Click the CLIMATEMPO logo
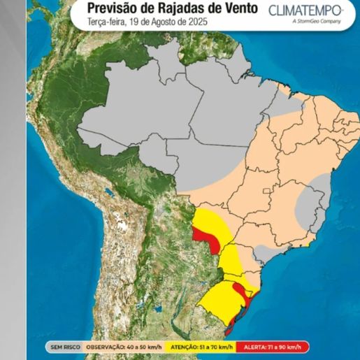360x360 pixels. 305,10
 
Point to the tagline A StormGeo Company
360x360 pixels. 317,22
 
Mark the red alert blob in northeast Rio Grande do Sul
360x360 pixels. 239,291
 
